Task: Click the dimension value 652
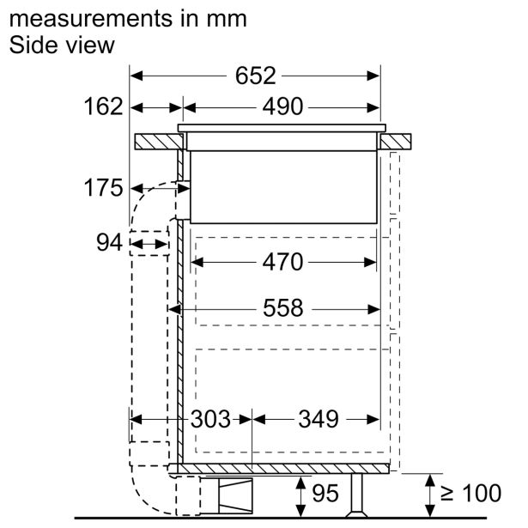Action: click(x=255, y=76)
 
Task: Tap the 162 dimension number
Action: click(x=103, y=106)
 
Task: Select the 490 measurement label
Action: click(x=282, y=106)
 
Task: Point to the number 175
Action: click(x=103, y=187)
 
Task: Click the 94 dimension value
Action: click(x=109, y=242)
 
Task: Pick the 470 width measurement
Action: click(x=282, y=262)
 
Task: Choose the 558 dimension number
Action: click(x=282, y=307)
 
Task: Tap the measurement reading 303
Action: click(x=211, y=419)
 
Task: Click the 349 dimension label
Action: click(x=319, y=419)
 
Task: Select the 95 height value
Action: click(x=325, y=494)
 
